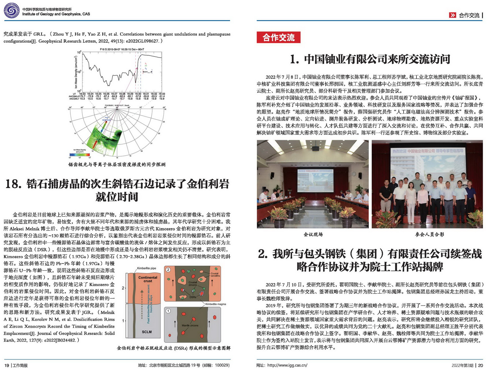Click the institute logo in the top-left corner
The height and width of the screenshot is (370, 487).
(11, 11)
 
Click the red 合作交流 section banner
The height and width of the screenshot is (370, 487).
(278, 38)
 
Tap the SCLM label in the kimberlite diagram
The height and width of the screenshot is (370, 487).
(147, 332)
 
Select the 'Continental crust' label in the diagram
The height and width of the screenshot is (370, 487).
(148, 279)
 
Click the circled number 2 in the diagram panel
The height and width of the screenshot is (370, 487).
(168, 270)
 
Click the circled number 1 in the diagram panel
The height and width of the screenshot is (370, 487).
(168, 311)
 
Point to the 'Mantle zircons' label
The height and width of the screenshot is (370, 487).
(190, 325)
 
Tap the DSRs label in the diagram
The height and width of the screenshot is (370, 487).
(193, 297)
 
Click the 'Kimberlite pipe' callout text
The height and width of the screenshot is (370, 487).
(146, 268)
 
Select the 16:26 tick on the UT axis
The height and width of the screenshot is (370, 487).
(106, 94)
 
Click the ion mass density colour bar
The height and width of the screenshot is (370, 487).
(80, 154)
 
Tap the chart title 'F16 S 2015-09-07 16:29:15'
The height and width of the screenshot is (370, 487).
(122, 49)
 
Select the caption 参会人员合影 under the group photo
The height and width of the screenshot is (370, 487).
(429, 234)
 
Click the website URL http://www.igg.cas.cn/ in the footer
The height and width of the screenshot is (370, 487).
(287, 365)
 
